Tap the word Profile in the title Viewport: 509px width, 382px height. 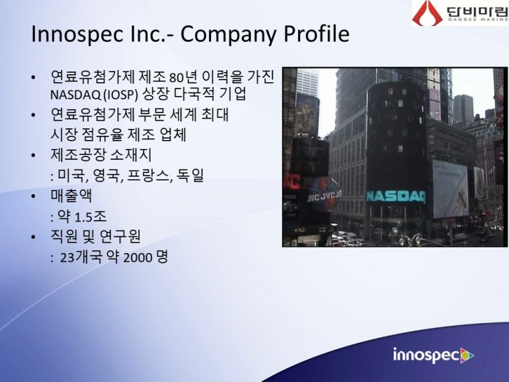click(x=317, y=34)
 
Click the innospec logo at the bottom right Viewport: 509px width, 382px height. click(x=433, y=355)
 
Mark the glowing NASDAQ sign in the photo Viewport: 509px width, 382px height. click(x=395, y=196)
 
